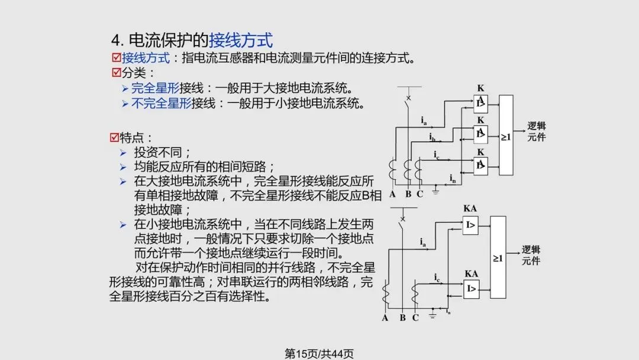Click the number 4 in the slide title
click(116, 40)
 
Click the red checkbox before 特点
click(115, 137)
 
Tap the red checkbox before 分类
click(117, 73)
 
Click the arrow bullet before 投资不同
click(123, 152)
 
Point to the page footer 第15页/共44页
click(319, 353)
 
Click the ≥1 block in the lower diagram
click(498, 258)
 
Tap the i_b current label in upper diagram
click(433, 137)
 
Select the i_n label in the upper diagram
click(453, 178)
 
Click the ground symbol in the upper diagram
click(435, 191)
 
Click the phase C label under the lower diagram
click(415, 318)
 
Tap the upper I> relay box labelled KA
click(471, 224)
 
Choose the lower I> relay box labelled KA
click(471, 288)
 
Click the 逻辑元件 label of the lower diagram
click(531, 255)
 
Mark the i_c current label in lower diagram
click(436, 277)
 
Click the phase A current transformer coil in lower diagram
click(386, 294)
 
